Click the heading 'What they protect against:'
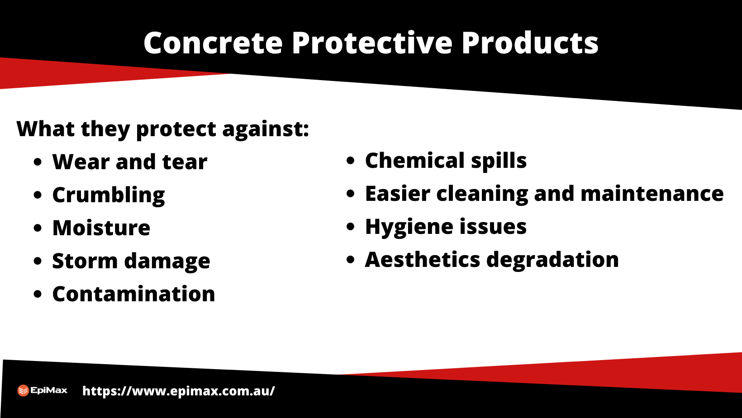pyautogui.click(x=163, y=129)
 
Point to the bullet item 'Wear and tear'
pyautogui.click(x=130, y=162)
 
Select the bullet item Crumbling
pyautogui.click(x=109, y=195)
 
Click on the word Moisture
pyautogui.click(x=101, y=228)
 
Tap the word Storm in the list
pyautogui.click(x=85, y=261)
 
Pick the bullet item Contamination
pyautogui.click(x=133, y=294)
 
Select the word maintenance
pyautogui.click(x=652, y=194)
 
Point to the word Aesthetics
pyautogui.click(x=422, y=260)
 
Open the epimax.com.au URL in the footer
pyautogui.click(x=178, y=391)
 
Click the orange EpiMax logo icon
pyautogui.click(x=23, y=390)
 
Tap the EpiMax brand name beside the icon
pyautogui.click(x=49, y=390)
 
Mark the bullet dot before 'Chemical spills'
pyautogui.click(x=350, y=161)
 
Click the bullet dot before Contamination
pyautogui.click(x=38, y=294)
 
